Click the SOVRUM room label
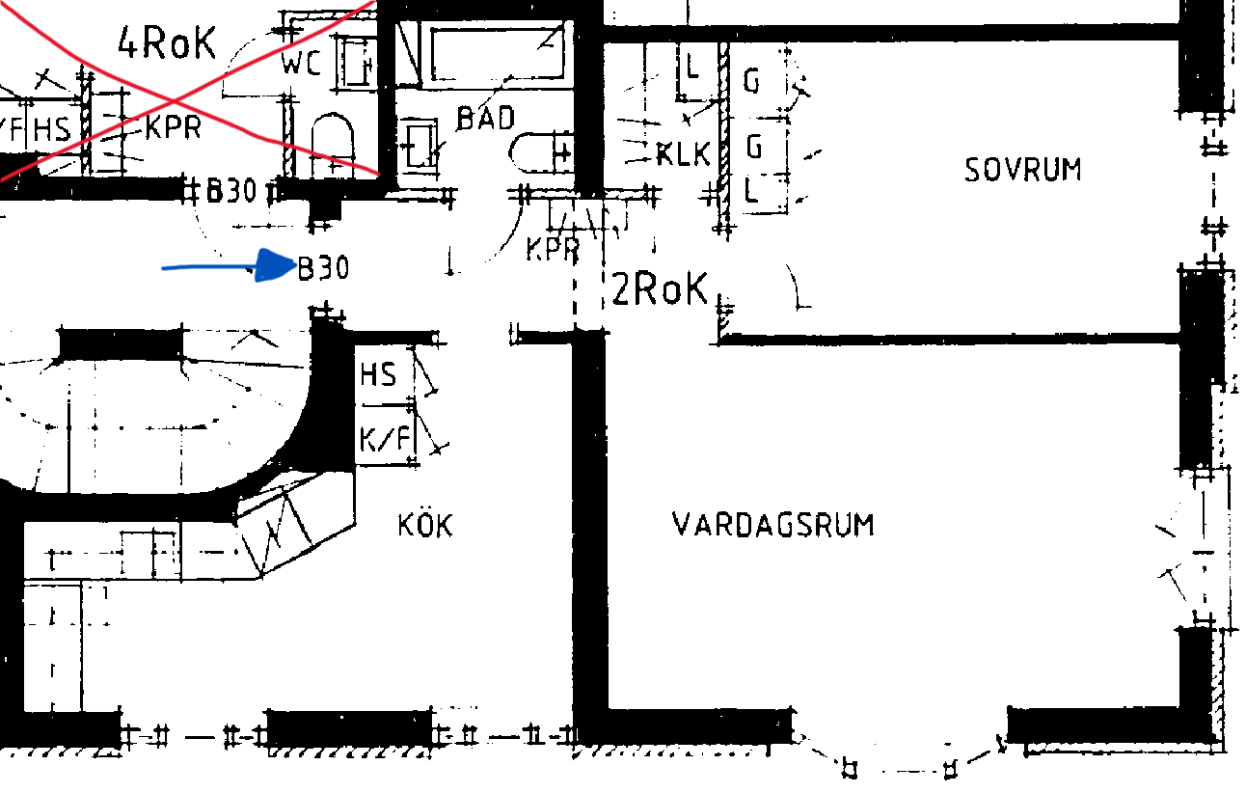1023,170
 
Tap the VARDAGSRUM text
773,526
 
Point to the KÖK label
425,526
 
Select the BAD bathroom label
485,119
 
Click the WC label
301,64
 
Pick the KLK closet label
683,154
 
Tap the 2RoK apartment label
660,288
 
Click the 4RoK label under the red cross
166,42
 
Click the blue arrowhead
278,265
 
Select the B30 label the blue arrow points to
323,268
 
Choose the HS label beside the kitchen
378,374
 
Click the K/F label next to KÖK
384,441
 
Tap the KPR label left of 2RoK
553,250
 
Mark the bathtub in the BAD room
497,55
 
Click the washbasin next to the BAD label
419,145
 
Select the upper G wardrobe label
751,81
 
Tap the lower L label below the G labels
751,188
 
